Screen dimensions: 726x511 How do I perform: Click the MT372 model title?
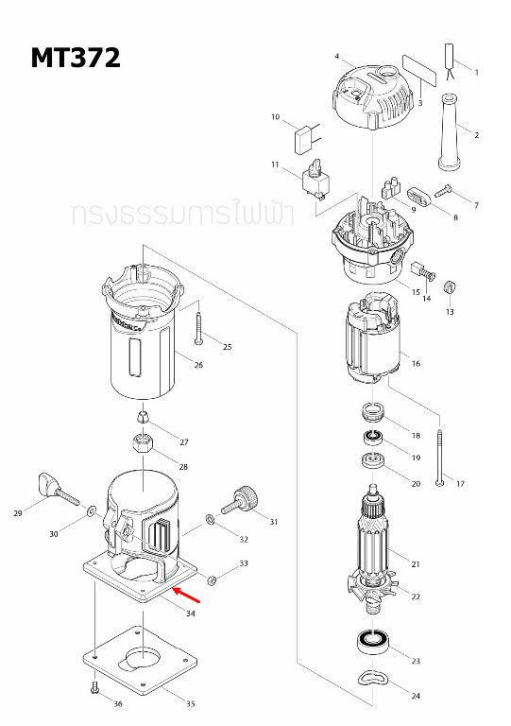pyautogui.click(x=76, y=59)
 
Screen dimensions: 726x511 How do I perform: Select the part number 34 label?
pyautogui.click(x=190, y=614)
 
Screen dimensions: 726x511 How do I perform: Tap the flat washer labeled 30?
pyautogui.click(x=90, y=511)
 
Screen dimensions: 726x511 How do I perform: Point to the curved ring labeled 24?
pyautogui.click(x=371, y=678)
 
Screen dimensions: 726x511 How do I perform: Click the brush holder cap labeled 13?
pyautogui.click(x=450, y=286)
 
